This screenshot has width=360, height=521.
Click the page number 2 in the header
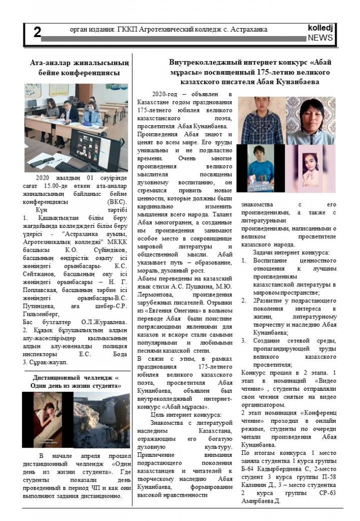(x=37, y=32)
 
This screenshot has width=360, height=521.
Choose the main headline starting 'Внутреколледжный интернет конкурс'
(x=250, y=72)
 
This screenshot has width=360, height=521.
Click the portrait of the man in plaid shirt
(x=262, y=121)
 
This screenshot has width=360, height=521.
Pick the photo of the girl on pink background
(x=310, y=168)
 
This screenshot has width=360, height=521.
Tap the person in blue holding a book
(x=261, y=168)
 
